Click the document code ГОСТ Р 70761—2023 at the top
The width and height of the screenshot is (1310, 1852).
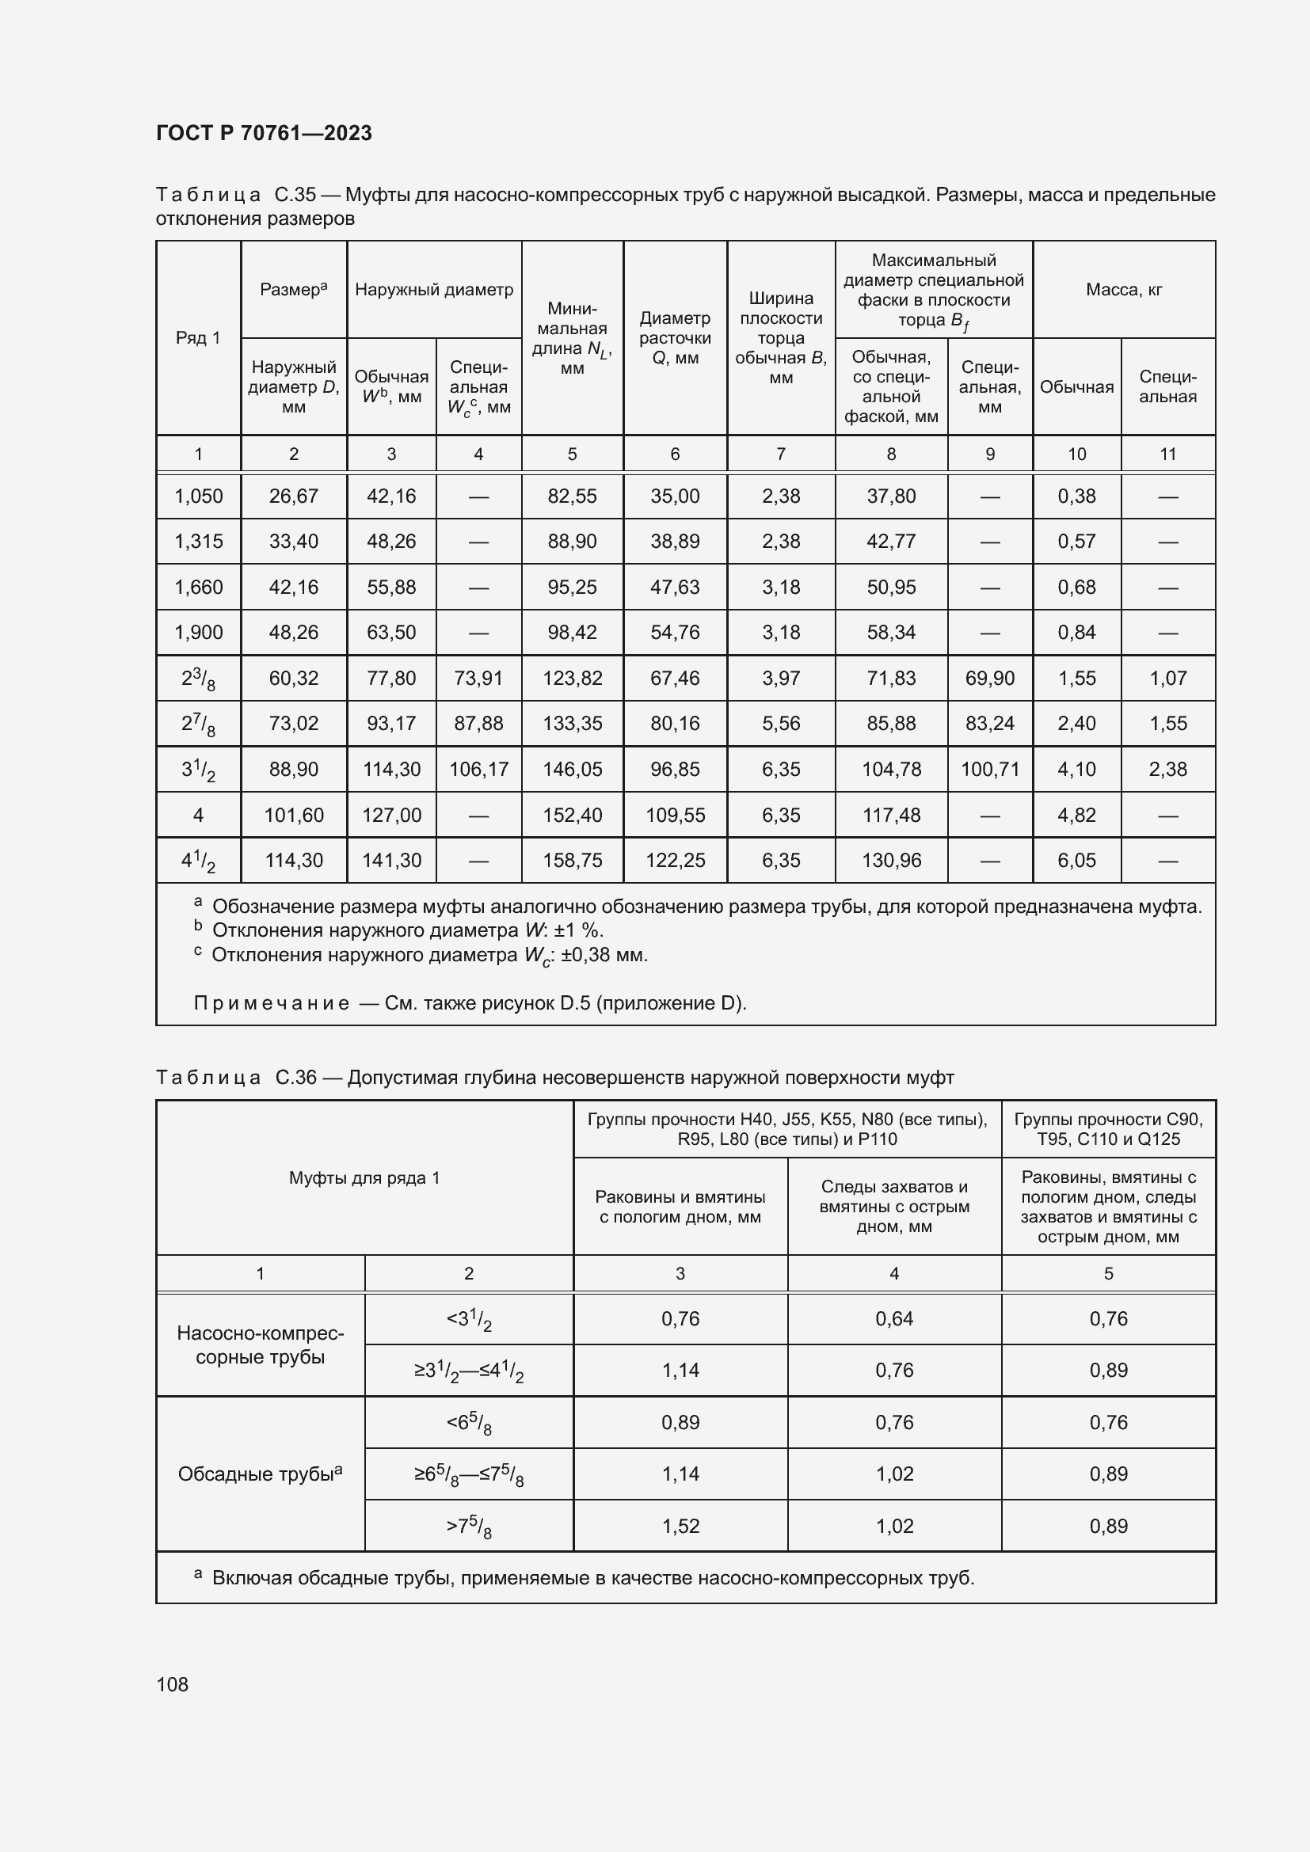[264, 133]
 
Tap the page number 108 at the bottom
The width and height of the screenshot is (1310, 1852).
[172, 1684]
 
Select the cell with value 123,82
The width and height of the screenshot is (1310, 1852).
[572, 679]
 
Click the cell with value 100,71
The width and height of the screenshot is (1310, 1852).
[990, 770]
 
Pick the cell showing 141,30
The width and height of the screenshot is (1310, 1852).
[391, 861]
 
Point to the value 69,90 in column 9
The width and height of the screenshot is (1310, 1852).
[990, 679]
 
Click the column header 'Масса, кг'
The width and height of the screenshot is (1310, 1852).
[1124, 290]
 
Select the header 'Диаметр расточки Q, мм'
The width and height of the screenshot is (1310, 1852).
[674, 338]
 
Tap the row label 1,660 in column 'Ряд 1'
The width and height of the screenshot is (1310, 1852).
[199, 588]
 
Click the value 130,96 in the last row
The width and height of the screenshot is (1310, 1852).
[890, 861]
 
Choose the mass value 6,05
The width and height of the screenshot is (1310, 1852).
[1076, 861]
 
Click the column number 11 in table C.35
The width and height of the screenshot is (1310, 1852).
[1167, 454]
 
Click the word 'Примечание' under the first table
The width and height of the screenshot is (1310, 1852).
[271, 1003]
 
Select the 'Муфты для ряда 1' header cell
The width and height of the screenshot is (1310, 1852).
[364, 1177]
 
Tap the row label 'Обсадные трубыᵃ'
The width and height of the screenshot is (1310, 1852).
[260, 1474]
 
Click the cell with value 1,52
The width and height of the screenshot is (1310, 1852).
[680, 1526]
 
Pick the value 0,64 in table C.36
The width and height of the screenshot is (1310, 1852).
[893, 1319]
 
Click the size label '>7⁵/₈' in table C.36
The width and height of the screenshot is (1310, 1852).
[469, 1527]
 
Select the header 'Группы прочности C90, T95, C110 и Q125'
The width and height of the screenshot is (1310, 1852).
[1107, 1129]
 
